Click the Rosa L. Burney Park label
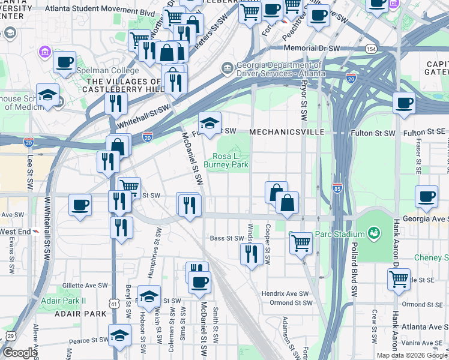pos(226,160)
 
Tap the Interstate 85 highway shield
pos(337,188)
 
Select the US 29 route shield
pos(10,335)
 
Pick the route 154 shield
pos(373,49)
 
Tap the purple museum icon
pos(45,52)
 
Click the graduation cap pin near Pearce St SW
pos(120,335)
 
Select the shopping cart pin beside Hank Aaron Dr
pos(399,278)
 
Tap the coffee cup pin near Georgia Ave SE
pos(427,196)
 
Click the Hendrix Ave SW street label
pos(284,294)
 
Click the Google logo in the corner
pos(19,353)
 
